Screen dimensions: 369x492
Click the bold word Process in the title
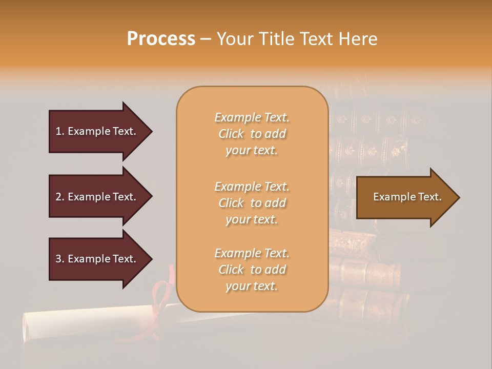tap(161, 39)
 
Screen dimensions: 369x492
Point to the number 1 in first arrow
tap(58, 131)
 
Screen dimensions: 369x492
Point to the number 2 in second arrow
tap(58, 197)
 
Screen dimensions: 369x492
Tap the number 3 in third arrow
tap(58, 259)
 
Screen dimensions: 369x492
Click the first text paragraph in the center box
tap(252, 134)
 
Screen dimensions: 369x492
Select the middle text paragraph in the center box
tap(252, 203)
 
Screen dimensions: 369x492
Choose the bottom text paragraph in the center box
tap(252, 270)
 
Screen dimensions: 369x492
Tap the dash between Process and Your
tap(206, 39)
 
